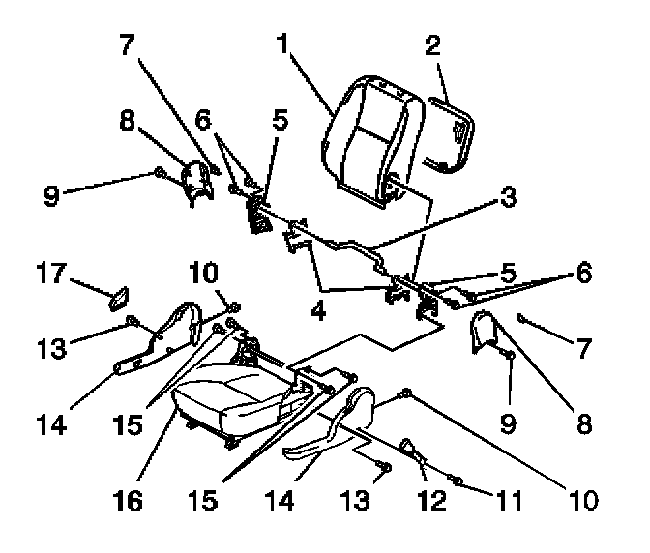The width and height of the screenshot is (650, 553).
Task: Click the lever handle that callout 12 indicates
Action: click(x=410, y=448)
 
